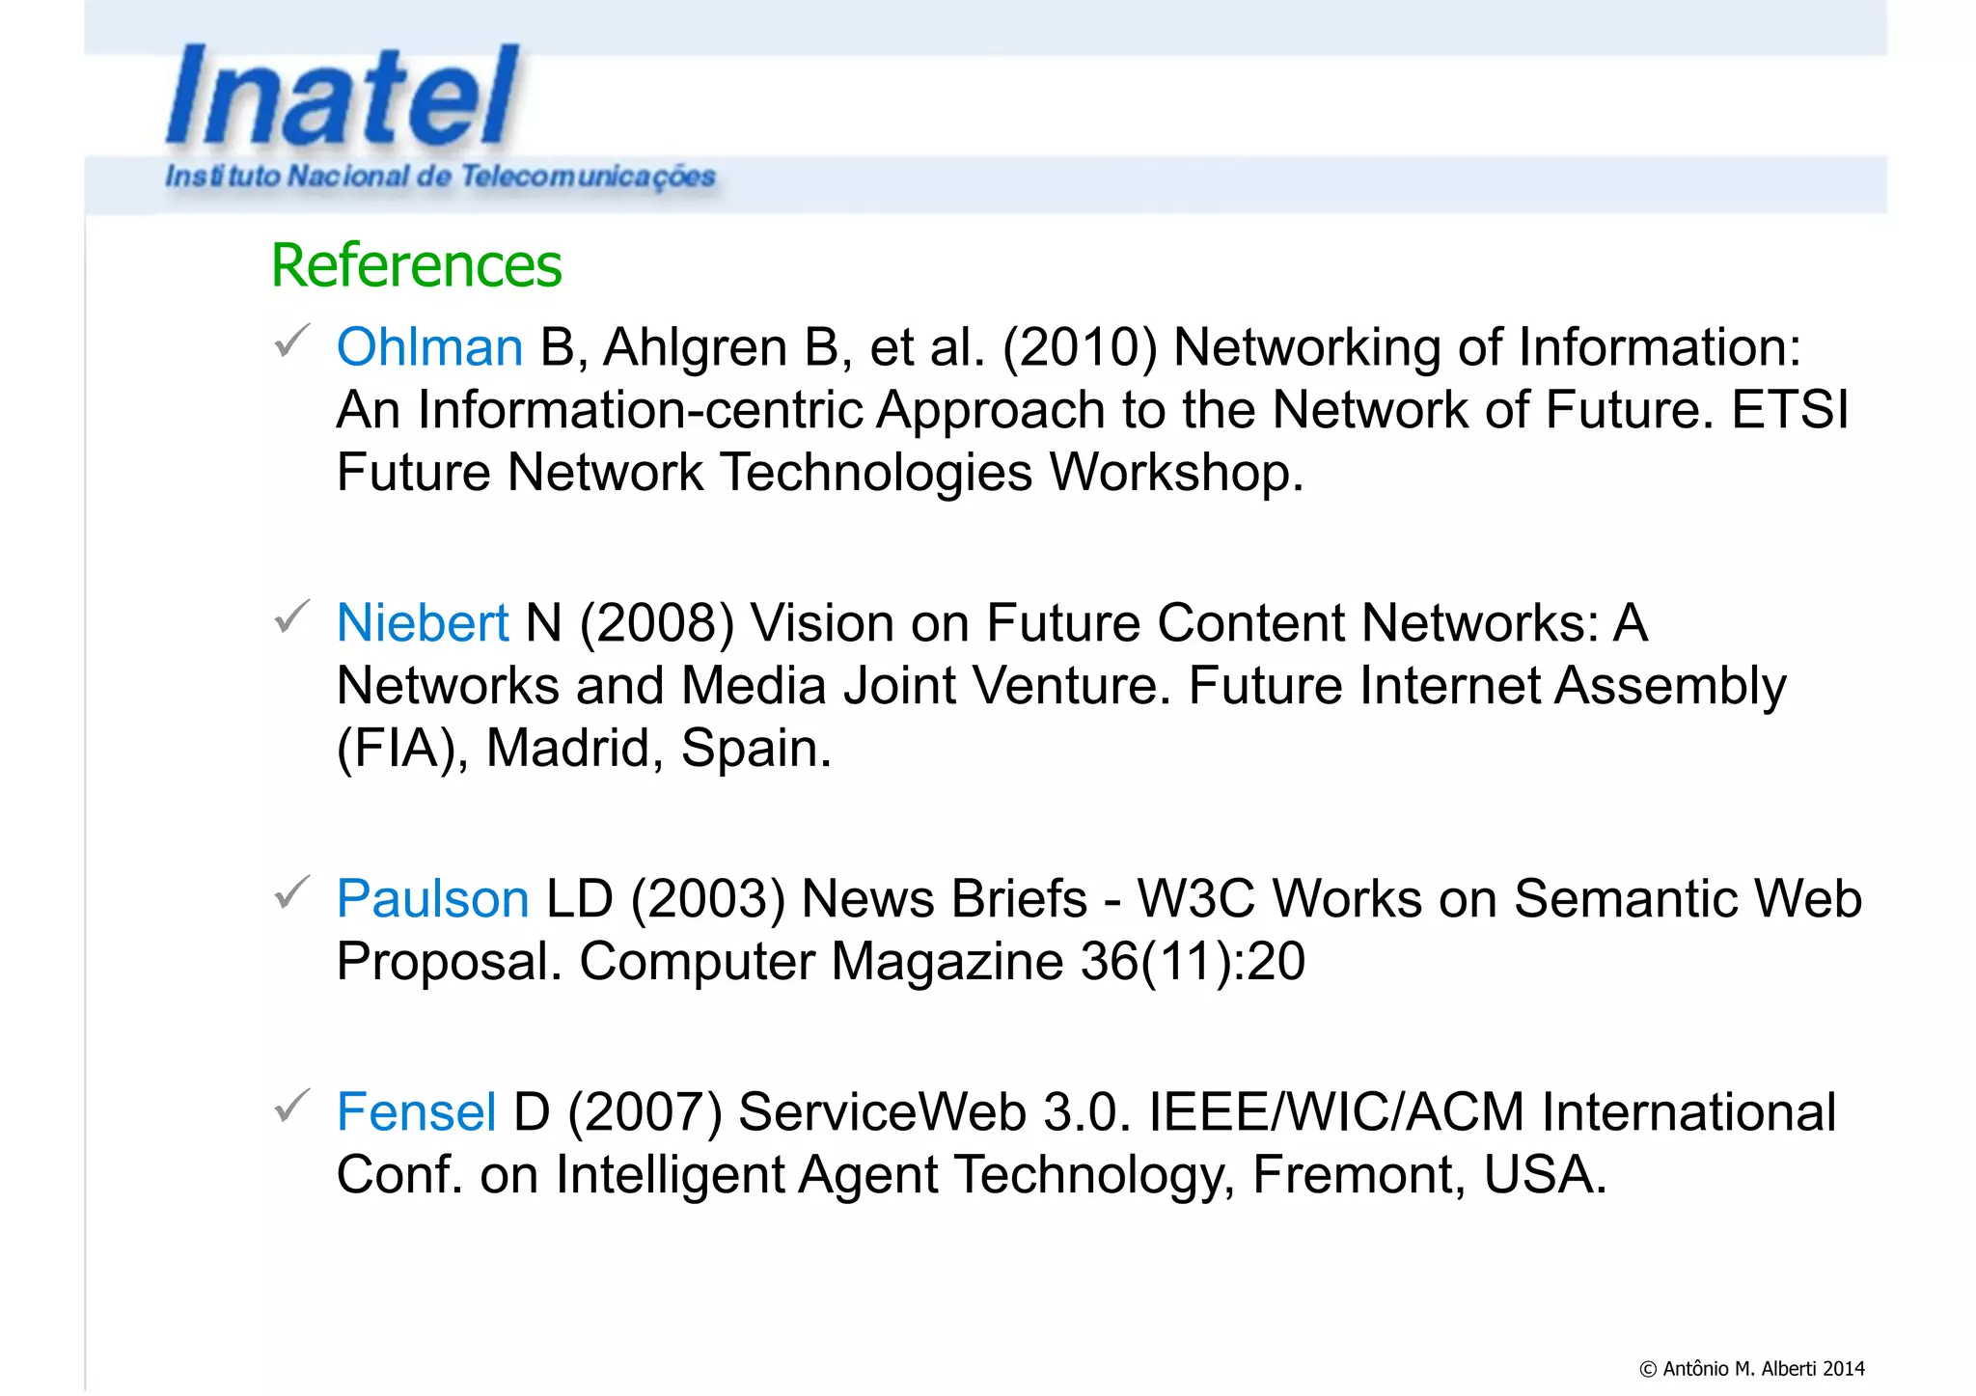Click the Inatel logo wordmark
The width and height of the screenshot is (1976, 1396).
pos(343,96)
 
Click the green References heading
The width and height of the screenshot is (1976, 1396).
pos(416,265)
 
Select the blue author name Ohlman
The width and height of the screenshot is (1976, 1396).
pos(429,347)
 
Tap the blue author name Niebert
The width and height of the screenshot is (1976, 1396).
pos(422,623)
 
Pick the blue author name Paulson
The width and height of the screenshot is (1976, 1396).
pos(432,899)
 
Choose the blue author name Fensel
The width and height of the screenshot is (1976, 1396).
pos(416,1112)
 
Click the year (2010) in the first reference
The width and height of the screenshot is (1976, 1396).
pos(1080,347)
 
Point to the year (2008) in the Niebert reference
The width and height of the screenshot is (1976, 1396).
pos(656,623)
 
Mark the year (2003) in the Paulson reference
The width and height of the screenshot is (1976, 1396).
pos(707,899)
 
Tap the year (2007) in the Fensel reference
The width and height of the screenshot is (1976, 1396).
pos(645,1112)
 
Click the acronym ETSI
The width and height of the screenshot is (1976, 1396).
pos(1790,410)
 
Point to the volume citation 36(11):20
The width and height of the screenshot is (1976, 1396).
pos(1193,962)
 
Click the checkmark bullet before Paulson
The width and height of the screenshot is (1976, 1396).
pos(291,892)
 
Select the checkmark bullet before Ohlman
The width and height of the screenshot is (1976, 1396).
pos(291,341)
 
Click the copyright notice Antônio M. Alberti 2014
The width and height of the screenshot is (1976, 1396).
pos(1751,1368)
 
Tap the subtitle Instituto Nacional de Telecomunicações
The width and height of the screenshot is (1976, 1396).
pos(440,177)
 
